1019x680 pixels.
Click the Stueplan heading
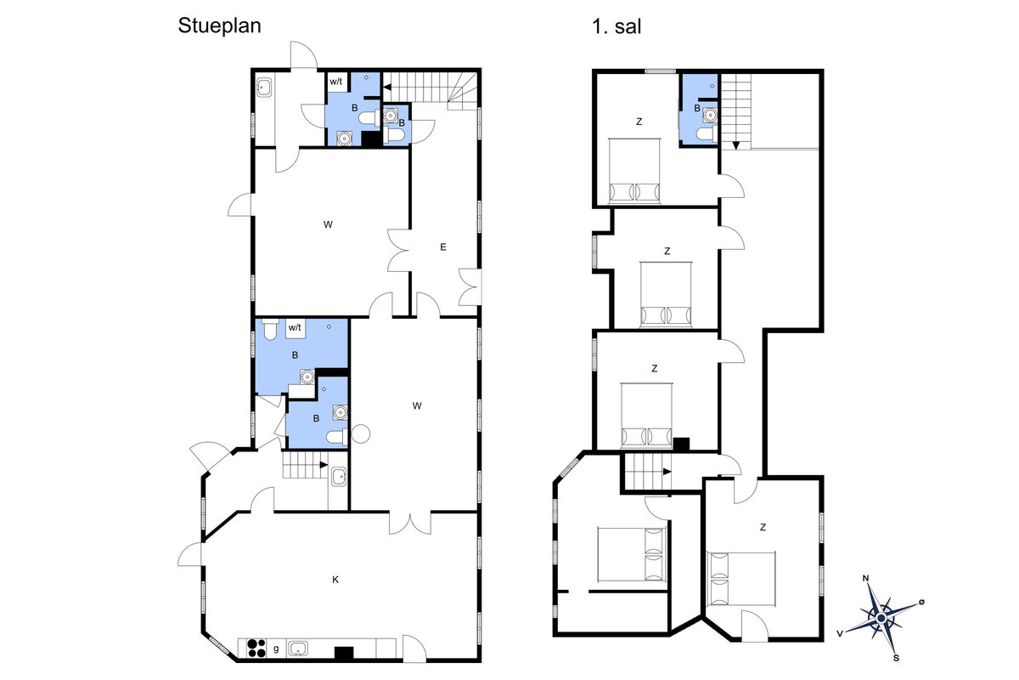pos(219,26)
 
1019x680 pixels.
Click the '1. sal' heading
pos(616,26)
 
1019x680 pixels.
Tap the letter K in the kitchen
pos(335,580)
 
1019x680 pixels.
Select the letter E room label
pos(443,246)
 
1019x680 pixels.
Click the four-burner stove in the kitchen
pos(256,648)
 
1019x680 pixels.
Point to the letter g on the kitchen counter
pos(276,649)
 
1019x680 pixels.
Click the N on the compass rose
pos(865,579)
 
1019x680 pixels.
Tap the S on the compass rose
pos(896,658)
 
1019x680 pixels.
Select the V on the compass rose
pos(840,633)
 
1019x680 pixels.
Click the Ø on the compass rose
pos(921,602)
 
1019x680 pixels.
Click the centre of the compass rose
pos(881,618)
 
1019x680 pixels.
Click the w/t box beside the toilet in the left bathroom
pos(296,328)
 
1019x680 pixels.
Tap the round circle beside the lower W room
pos(361,433)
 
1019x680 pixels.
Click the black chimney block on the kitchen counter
pos(344,653)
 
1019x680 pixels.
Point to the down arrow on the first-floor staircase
pos(735,144)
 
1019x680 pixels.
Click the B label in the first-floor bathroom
pos(697,109)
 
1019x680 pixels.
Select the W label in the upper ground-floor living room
pos(328,224)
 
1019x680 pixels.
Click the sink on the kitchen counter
pos(298,648)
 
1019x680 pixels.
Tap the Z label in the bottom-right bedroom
pos(763,527)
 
